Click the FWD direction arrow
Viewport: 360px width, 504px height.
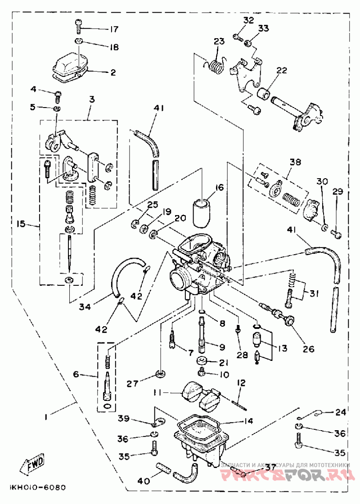pos(32,464)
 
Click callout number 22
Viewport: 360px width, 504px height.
pos(282,70)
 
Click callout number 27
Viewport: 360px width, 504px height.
pos(133,383)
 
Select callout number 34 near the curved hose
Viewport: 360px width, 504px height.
pos(85,306)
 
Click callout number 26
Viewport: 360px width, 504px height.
pos(309,348)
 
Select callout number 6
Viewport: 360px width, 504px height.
pos(76,374)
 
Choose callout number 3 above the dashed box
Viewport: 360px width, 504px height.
pos(92,99)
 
